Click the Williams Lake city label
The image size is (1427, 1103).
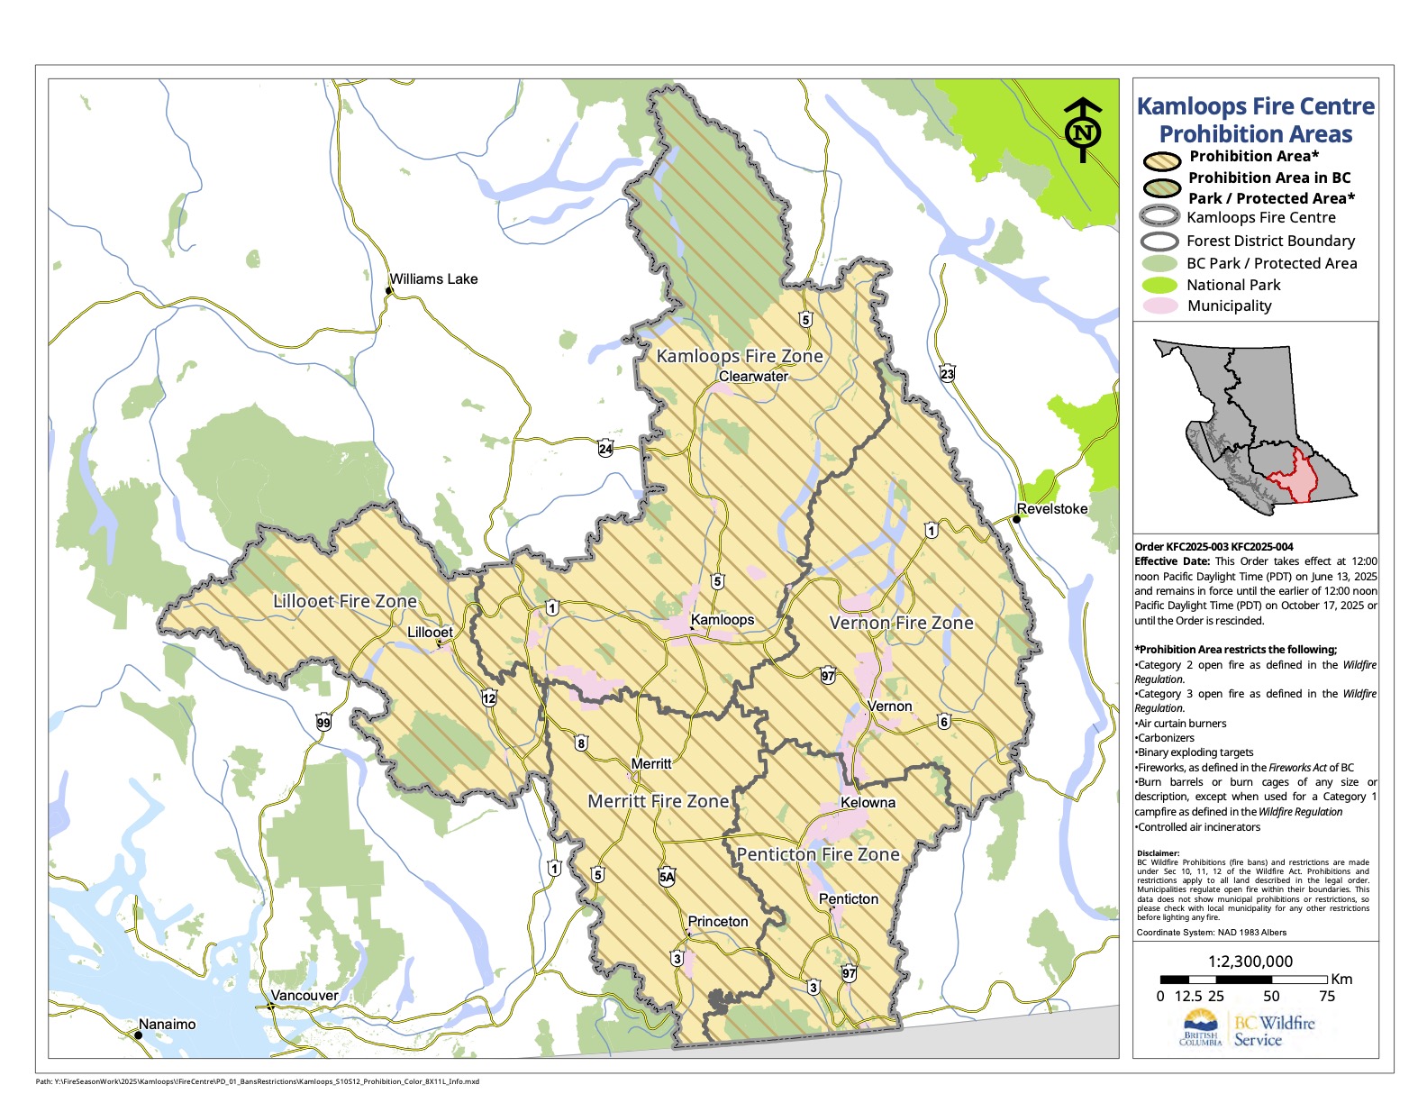tap(433, 279)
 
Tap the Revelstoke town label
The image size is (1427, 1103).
tap(1051, 509)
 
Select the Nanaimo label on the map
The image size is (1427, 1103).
tap(167, 1025)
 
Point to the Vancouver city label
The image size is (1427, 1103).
tap(304, 996)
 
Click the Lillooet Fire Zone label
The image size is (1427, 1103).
tap(345, 601)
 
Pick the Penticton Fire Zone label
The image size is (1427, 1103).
tap(818, 854)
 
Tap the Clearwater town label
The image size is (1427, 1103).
tap(753, 377)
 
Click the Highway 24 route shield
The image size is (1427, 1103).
tap(605, 448)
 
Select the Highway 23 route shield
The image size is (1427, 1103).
tap(947, 374)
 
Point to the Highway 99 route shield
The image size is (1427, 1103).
tap(323, 723)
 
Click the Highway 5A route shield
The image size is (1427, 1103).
tap(667, 877)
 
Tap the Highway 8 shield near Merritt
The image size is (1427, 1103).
tap(581, 743)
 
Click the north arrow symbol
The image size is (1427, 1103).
tap(1083, 132)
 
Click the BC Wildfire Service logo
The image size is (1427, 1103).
tap(1248, 1029)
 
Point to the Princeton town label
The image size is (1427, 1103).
tap(718, 922)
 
